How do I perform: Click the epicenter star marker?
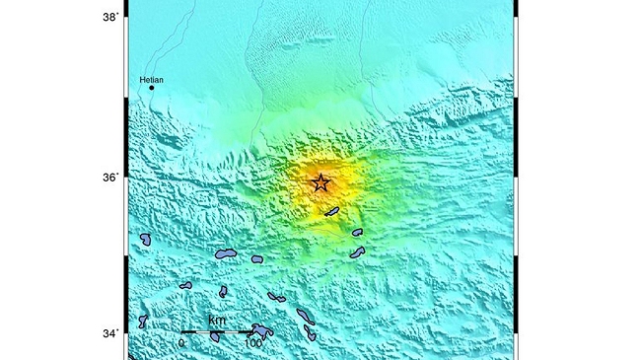pos(320,182)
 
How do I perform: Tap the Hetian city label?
pos(151,80)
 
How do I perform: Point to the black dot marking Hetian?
pos(152,88)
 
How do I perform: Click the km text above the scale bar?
pos(217,322)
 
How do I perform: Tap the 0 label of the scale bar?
pos(181,343)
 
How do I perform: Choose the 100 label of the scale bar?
pos(252,343)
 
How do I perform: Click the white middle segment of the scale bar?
pos(217,332)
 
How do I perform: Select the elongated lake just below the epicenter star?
pos(331,211)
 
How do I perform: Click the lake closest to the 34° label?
pos(143,321)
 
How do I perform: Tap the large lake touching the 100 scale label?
pos(262,330)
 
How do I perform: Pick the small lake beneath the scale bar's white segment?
pos(215,338)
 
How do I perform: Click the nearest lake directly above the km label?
pos(223,291)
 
